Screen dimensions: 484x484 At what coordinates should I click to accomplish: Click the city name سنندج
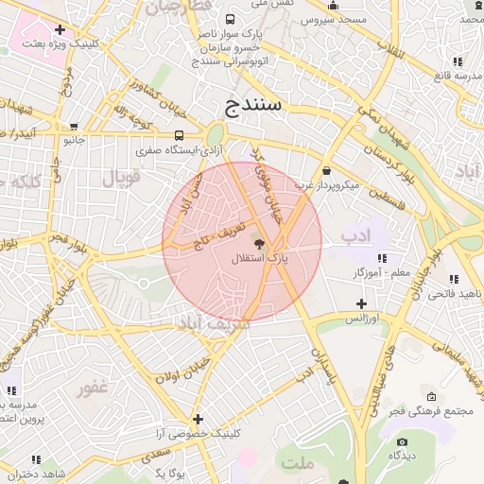point(249,104)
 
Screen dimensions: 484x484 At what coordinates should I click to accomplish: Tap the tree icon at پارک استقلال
point(260,244)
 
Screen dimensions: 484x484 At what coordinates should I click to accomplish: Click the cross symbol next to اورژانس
point(361,303)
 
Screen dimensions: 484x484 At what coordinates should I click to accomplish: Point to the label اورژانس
point(360,319)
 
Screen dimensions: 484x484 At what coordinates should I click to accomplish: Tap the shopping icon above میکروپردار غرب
point(327,171)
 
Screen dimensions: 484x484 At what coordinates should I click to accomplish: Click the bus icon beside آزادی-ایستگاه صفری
point(180,135)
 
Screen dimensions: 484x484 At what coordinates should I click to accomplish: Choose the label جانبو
point(74,140)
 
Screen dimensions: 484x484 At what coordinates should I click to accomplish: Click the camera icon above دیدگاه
point(403,441)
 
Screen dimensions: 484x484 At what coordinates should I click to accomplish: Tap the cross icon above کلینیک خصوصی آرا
point(198,419)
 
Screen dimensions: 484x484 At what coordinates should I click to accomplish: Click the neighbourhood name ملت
point(298,463)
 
